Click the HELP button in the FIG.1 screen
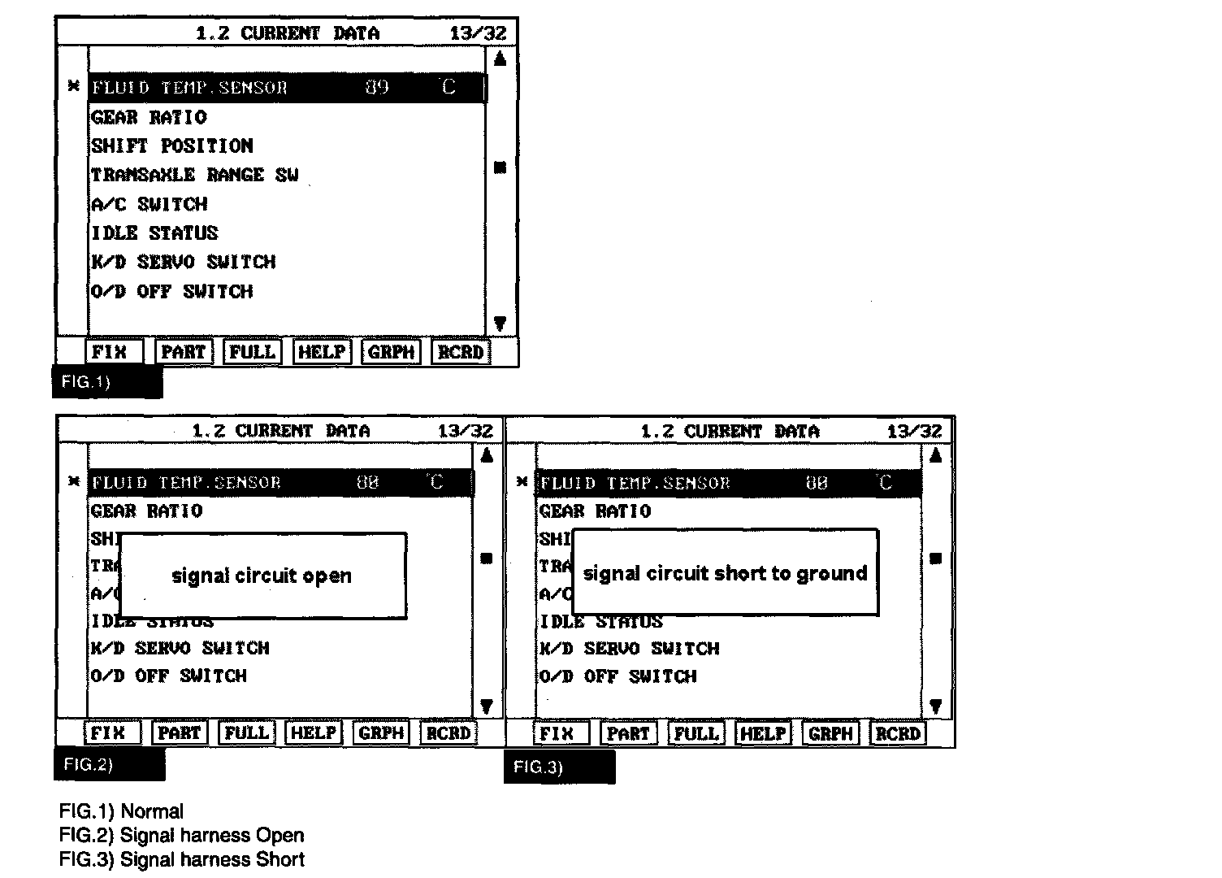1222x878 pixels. click(322, 352)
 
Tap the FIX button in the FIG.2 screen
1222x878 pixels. click(108, 732)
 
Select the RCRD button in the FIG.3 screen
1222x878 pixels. click(897, 733)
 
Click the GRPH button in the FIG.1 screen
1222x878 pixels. click(391, 352)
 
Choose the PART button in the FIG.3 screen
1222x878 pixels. click(628, 733)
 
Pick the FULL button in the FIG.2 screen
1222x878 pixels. click(246, 732)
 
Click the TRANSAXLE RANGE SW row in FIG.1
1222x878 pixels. click(194, 175)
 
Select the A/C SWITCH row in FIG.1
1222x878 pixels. click(149, 204)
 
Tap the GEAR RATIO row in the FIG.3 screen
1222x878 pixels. click(596, 511)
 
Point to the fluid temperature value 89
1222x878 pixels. click(377, 88)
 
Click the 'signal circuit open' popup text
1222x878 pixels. click(262, 576)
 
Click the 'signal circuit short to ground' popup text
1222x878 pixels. click(725, 574)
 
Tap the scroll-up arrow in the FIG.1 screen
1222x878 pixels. click(500, 59)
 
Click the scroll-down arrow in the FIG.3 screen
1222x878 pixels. click(935, 706)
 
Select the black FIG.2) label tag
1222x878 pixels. click(110, 764)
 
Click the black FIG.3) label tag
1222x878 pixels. click(559, 767)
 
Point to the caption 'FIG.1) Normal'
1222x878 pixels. click(121, 811)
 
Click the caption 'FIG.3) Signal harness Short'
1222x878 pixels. click(181, 859)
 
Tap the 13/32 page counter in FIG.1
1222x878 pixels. click(478, 33)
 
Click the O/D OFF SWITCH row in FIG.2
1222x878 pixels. click(168, 676)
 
